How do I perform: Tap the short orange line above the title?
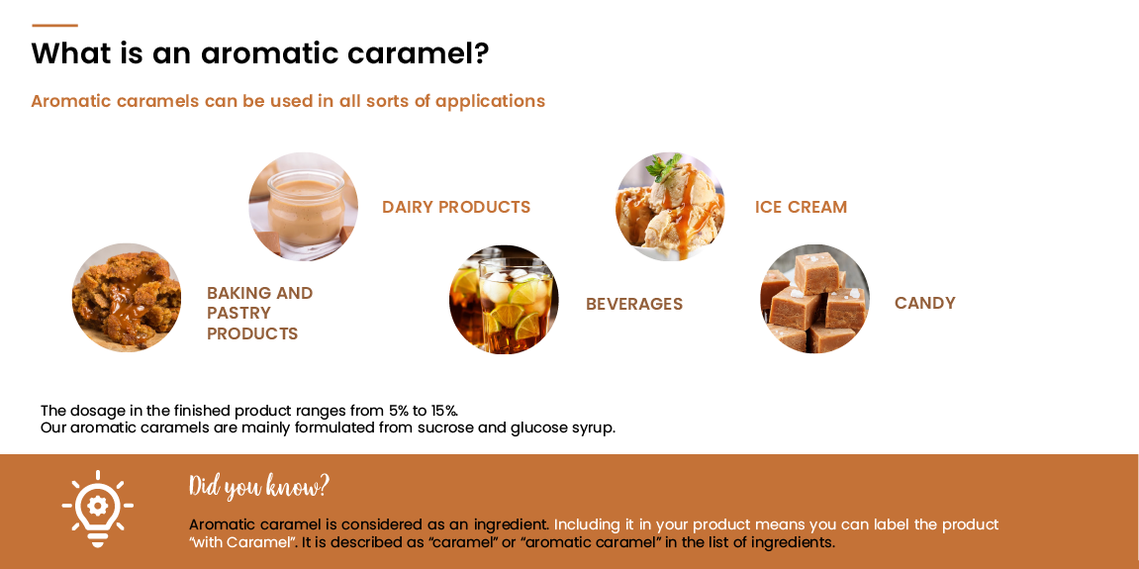point(54,25)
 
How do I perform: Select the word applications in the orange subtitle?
point(490,101)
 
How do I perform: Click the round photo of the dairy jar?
point(303,206)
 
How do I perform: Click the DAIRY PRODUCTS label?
point(456,207)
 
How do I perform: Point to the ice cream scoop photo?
point(670,206)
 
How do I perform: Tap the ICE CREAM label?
point(801,207)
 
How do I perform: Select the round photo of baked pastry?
point(127,298)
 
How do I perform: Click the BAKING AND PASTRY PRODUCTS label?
point(259,313)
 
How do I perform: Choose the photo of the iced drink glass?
point(504,299)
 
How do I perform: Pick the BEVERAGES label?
point(633,304)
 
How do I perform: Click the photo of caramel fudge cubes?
point(814,299)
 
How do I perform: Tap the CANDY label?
point(924,303)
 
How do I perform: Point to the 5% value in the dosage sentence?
point(399,411)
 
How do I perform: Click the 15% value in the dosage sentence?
point(443,411)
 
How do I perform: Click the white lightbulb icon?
point(97,508)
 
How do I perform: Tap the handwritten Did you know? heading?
point(258,486)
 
